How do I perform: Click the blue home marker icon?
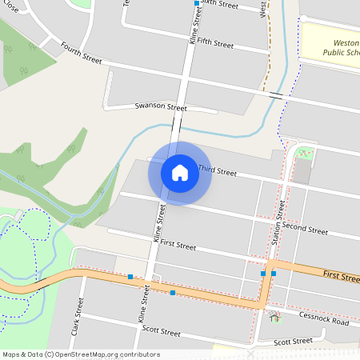(179, 173)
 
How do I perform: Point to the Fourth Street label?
(81, 54)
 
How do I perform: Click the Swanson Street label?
(161, 106)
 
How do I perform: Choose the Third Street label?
(218, 171)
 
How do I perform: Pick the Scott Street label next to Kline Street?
(161, 330)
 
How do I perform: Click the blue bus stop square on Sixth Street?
(197, 3)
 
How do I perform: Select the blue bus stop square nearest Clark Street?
(130, 277)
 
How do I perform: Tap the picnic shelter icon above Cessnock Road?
(275, 318)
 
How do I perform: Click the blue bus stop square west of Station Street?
(263, 274)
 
